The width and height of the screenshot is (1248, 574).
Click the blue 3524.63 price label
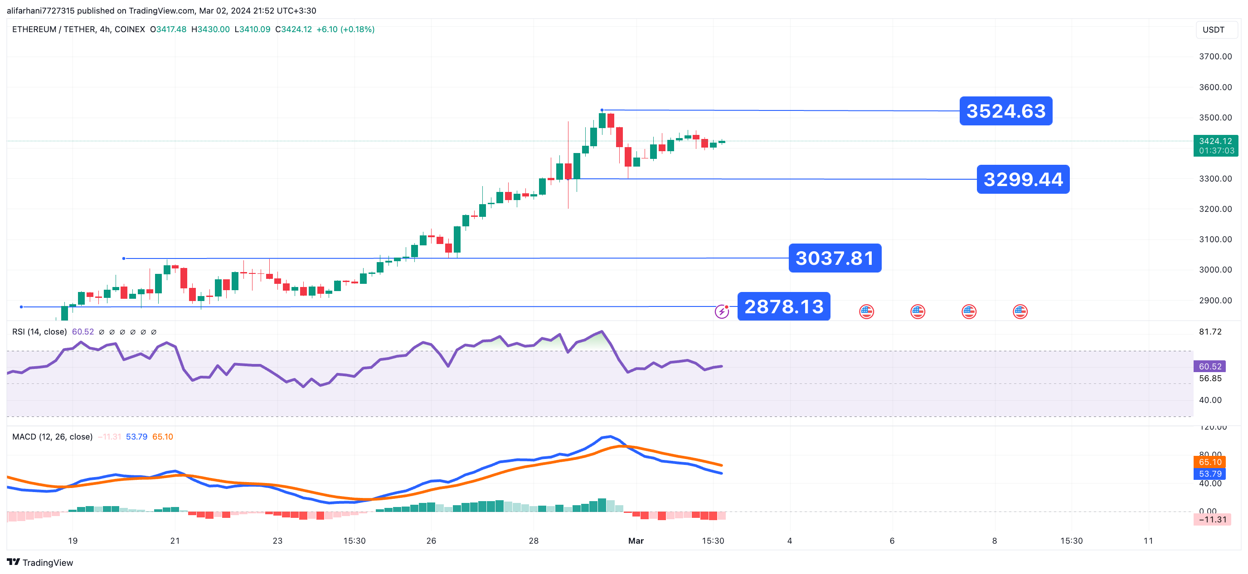tap(1005, 111)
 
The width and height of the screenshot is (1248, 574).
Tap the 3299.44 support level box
tap(1023, 179)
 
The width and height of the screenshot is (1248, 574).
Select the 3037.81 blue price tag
tap(834, 258)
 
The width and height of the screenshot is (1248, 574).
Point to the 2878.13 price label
tap(783, 306)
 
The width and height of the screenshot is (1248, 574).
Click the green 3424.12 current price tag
tap(1215, 145)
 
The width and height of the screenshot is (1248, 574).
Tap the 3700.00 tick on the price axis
tap(1215, 57)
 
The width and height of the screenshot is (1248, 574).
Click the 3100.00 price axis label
tap(1215, 239)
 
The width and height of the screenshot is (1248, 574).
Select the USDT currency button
tap(1213, 29)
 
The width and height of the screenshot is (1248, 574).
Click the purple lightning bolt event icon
tap(721, 311)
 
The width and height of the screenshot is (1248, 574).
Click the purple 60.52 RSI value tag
tap(1210, 366)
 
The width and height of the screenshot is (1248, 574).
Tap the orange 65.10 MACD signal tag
tap(1210, 462)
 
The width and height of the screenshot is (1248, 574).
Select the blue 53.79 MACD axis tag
tap(1210, 474)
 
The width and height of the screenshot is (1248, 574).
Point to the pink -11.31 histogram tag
tap(1212, 519)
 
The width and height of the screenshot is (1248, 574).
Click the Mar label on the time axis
tap(636, 541)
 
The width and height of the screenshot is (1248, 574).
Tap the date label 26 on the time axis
tap(431, 541)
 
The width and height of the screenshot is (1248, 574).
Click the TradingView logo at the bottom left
tap(40, 562)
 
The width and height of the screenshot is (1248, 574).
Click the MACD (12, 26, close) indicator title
tap(52, 436)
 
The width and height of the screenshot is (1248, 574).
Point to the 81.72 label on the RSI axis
tap(1210, 331)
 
